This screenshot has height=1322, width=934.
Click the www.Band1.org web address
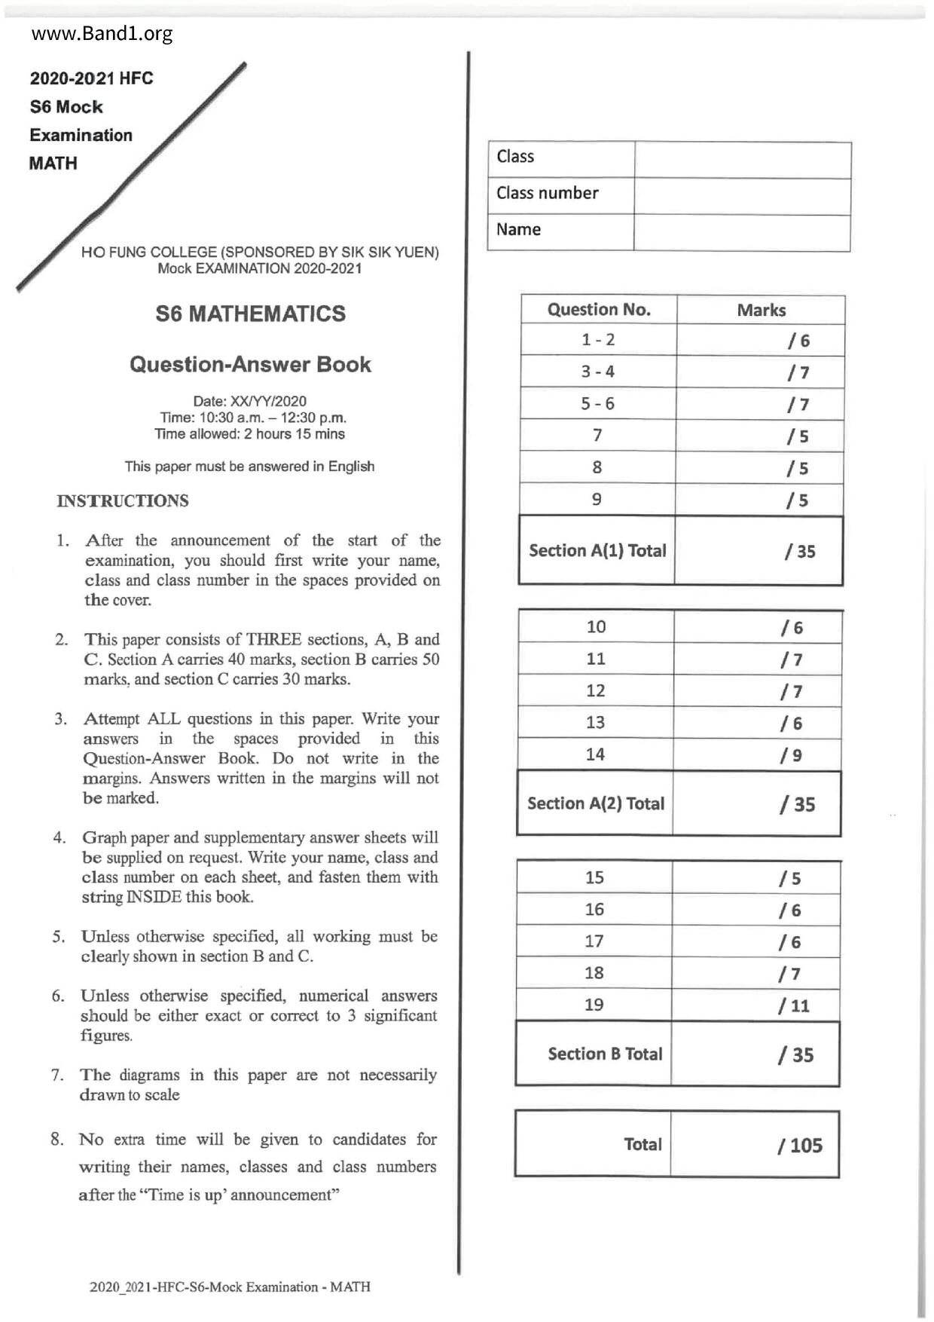click(x=102, y=34)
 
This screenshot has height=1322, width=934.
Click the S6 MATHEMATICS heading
click(x=250, y=314)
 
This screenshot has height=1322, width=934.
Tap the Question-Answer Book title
click(x=250, y=364)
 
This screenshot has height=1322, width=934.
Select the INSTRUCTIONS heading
click(x=123, y=500)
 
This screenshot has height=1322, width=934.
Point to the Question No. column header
click(x=599, y=310)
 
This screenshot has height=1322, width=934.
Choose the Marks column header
click(x=761, y=311)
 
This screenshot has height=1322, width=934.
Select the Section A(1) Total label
click(x=597, y=551)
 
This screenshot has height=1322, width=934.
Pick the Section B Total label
click(x=605, y=1054)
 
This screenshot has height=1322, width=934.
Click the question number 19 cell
click(x=594, y=1005)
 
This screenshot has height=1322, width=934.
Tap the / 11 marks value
click(x=794, y=1005)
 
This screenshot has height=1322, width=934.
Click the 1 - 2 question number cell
click(x=598, y=340)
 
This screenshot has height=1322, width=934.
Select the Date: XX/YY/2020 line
click(x=250, y=401)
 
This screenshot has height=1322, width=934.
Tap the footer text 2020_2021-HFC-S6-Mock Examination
click(x=230, y=1287)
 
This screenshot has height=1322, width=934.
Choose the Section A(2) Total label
click(x=596, y=803)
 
